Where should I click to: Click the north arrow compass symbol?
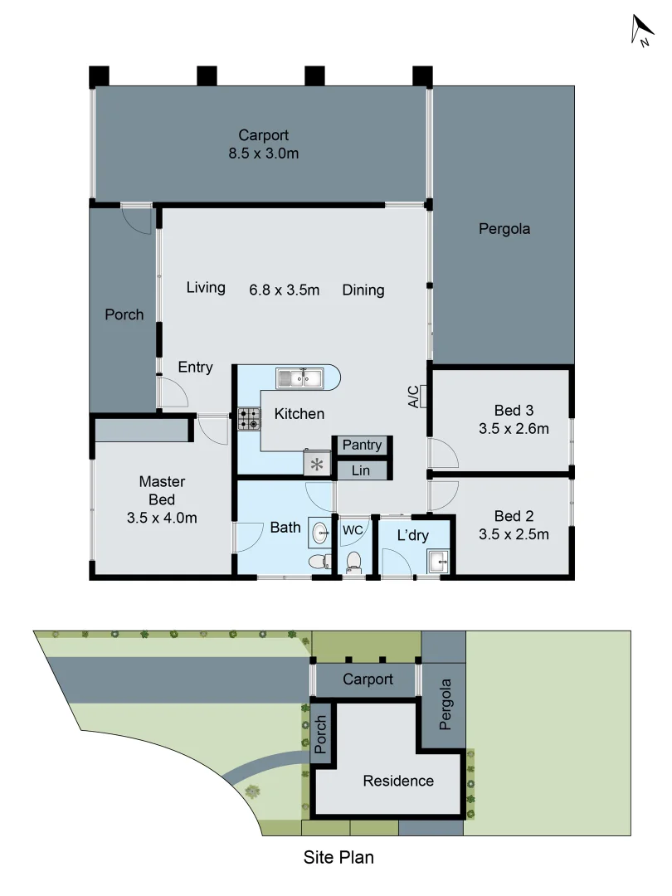(642, 32)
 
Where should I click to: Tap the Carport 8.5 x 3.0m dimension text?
(263, 153)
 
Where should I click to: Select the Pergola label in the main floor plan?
(504, 228)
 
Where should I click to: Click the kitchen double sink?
(300, 379)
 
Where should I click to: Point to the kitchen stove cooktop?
(249, 418)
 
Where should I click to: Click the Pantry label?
(362, 446)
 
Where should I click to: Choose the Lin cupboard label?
(361, 471)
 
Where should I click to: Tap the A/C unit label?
(413, 397)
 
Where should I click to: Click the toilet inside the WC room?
(353, 562)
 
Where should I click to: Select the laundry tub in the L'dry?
(438, 562)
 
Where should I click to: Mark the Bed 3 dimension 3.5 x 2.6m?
(514, 429)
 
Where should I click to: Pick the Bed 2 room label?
(514, 516)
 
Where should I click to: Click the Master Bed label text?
(162, 490)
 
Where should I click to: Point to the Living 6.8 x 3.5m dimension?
(285, 290)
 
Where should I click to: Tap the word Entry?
(195, 367)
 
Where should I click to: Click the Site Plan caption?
(338, 857)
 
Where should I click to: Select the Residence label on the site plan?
(398, 781)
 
